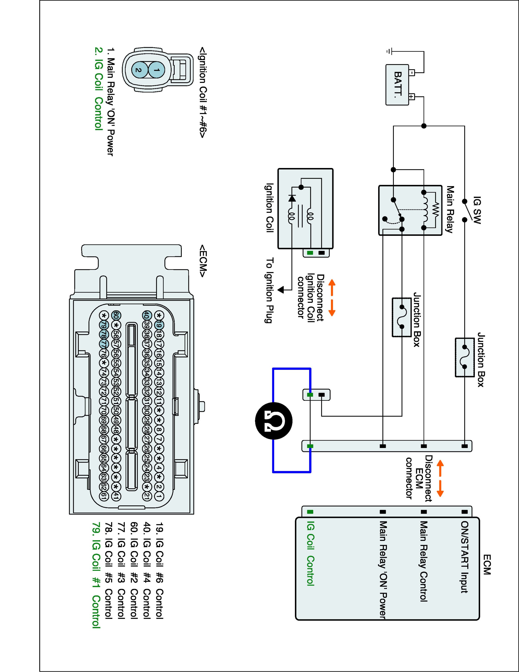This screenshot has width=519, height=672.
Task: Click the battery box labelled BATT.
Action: point(397,85)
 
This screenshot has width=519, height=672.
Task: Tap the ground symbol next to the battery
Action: point(389,51)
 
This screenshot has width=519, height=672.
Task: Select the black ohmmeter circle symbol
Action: point(274,421)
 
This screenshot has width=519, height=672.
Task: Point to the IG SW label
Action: point(477,210)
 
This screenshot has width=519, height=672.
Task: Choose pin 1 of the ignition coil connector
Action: point(157,70)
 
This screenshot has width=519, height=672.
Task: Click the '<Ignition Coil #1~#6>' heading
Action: point(203,92)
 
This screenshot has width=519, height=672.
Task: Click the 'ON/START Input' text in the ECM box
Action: point(464,557)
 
